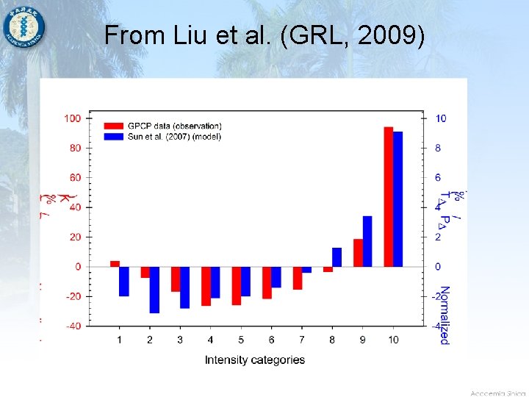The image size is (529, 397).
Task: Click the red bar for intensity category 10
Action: click(x=389, y=196)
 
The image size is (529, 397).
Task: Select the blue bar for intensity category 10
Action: click(x=398, y=198)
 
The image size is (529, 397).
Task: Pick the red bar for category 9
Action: click(x=358, y=252)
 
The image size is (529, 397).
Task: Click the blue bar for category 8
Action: click(x=337, y=257)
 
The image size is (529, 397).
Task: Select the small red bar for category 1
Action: click(x=115, y=263)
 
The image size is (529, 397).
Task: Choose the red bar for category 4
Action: click(x=206, y=286)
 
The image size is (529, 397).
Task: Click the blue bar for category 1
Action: click(x=124, y=281)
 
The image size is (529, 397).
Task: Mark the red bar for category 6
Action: click(x=267, y=282)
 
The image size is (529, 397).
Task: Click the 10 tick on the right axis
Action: click(x=440, y=118)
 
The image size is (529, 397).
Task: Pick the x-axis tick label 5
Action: click(x=240, y=340)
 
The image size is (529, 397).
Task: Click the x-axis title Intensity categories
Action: click(x=254, y=360)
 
